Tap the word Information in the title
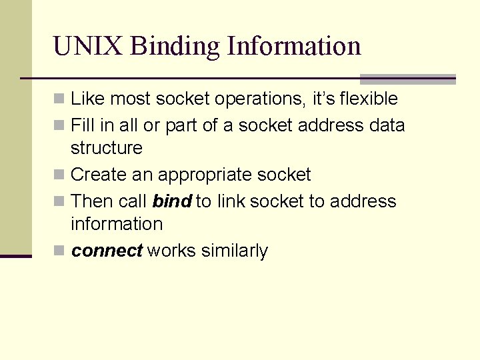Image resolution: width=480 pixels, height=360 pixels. [x=294, y=47]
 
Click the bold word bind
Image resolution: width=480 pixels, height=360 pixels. [x=172, y=201]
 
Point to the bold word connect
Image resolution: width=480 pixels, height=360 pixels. [x=107, y=251]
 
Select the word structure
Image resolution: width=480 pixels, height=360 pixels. [x=107, y=147]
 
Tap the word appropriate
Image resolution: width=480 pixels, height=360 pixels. [x=204, y=175]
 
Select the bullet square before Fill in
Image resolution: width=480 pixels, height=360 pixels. [x=59, y=126]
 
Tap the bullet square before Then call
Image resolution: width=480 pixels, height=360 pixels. [x=59, y=202]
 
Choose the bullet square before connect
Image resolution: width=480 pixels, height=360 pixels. [x=59, y=251]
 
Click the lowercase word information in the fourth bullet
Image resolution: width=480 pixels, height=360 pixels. [x=117, y=224]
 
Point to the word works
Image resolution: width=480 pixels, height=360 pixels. [x=169, y=251]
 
